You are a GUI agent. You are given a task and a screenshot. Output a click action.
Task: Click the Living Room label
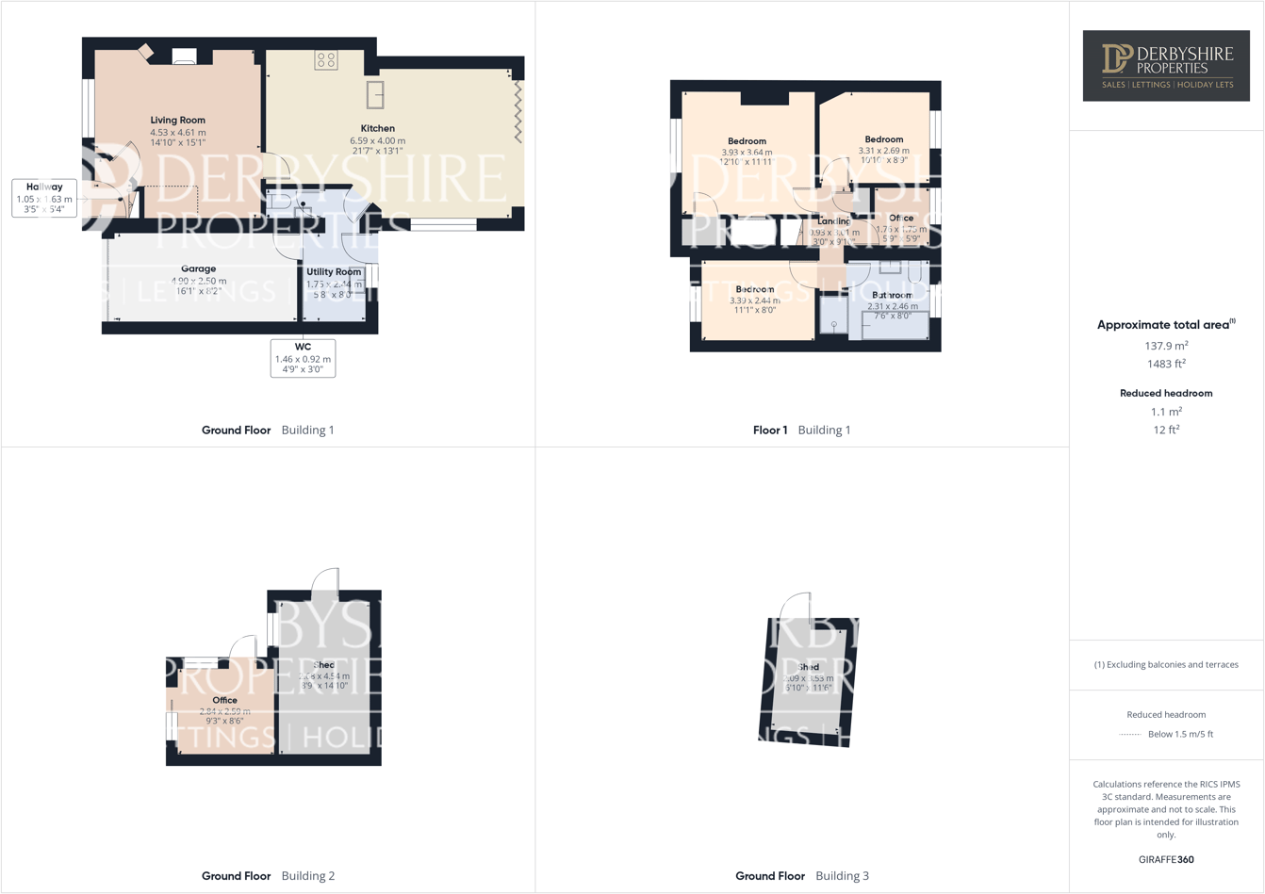(177, 121)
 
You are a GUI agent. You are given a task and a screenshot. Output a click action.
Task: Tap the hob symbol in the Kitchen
(326, 60)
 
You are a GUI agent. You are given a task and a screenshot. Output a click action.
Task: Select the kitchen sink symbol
(375, 94)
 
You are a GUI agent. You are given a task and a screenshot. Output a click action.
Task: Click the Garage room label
(198, 269)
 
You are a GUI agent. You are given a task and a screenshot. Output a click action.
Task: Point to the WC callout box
(303, 358)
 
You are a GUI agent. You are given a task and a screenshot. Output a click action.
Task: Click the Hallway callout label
(44, 198)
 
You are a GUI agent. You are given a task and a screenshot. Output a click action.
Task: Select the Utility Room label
(334, 272)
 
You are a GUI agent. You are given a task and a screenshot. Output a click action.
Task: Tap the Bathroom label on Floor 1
(892, 295)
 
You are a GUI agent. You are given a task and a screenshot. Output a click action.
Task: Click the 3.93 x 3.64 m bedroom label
(747, 141)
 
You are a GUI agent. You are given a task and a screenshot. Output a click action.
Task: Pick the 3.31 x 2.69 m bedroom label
(883, 139)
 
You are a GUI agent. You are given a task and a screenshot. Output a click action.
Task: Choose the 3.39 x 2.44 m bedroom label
(754, 289)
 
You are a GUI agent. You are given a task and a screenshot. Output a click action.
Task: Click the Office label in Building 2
(224, 701)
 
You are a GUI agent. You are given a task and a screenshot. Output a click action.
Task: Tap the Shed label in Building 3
(809, 667)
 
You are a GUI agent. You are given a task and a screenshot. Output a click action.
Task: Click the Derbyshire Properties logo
(1166, 65)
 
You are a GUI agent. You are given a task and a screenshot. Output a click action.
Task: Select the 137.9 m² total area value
(1166, 346)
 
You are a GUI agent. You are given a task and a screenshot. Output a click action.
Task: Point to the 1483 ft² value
(1166, 364)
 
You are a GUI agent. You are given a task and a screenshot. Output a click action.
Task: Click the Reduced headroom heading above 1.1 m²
(1166, 393)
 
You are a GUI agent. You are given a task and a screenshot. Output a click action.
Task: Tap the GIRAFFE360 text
(1166, 859)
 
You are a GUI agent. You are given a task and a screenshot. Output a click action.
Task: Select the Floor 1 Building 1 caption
(801, 431)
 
